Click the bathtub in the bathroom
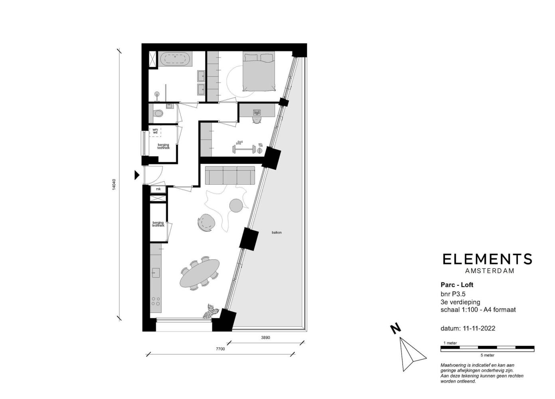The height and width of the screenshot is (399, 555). pyautogui.click(x=175, y=59)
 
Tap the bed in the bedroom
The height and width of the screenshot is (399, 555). pyautogui.click(x=259, y=71)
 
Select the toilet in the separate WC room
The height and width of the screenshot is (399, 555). pyautogui.click(x=158, y=114)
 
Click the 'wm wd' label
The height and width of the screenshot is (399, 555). pyautogui.click(x=155, y=131)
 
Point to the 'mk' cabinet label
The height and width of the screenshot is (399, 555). pyautogui.click(x=158, y=189)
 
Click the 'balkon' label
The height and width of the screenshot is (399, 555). pyautogui.click(x=277, y=233)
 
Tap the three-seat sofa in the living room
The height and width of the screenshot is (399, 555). pyautogui.click(x=230, y=176)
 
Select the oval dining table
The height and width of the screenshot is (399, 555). pyautogui.click(x=199, y=273)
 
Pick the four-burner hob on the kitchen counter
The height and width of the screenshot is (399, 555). pyautogui.click(x=156, y=301)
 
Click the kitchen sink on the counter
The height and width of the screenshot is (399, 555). pyautogui.click(x=156, y=273)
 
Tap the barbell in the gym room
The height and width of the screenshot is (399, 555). pyautogui.click(x=244, y=149)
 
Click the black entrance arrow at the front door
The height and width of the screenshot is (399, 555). pyautogui.click(x=137, y=175)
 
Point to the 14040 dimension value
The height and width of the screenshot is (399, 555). pyautogui.click(x=114, y=184)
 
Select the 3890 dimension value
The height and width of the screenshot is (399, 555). pyautogui.click(x=265, y=338)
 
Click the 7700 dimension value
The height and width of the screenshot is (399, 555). pyautogui.click(x=220, y=349)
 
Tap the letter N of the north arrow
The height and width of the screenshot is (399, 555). pyautogui.click(x=395, y=329)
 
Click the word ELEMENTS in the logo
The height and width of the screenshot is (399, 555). pyautogui.click(x=487, y=259)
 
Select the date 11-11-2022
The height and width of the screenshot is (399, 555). pyautogui.click(x=479, y=328)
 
